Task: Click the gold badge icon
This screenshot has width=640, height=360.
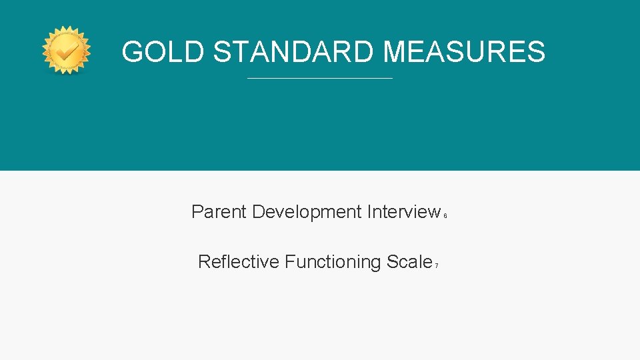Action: [66, 51]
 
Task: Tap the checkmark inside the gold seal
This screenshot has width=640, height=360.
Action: [66, 50]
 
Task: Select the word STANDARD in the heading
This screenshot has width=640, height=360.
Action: [294, 51]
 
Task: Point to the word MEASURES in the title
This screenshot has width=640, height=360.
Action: [465, 51]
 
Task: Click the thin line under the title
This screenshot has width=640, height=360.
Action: [320, 79]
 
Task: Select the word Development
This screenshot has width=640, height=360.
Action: [307, 212]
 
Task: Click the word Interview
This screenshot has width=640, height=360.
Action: [403, 212]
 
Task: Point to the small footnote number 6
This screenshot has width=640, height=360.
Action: [445, 216]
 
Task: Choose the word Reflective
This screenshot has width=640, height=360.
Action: [238, 262]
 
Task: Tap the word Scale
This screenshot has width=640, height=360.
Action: [409, 262]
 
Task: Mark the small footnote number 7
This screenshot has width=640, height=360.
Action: [436, 266]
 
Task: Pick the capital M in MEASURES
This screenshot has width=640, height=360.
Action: [398, 51]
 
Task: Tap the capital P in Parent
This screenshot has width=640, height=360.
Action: [197, 212]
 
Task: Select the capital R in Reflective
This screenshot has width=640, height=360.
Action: [203, 262]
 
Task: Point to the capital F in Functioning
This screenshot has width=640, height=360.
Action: [289, 262]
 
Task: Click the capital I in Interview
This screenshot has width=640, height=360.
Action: [369, 212]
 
